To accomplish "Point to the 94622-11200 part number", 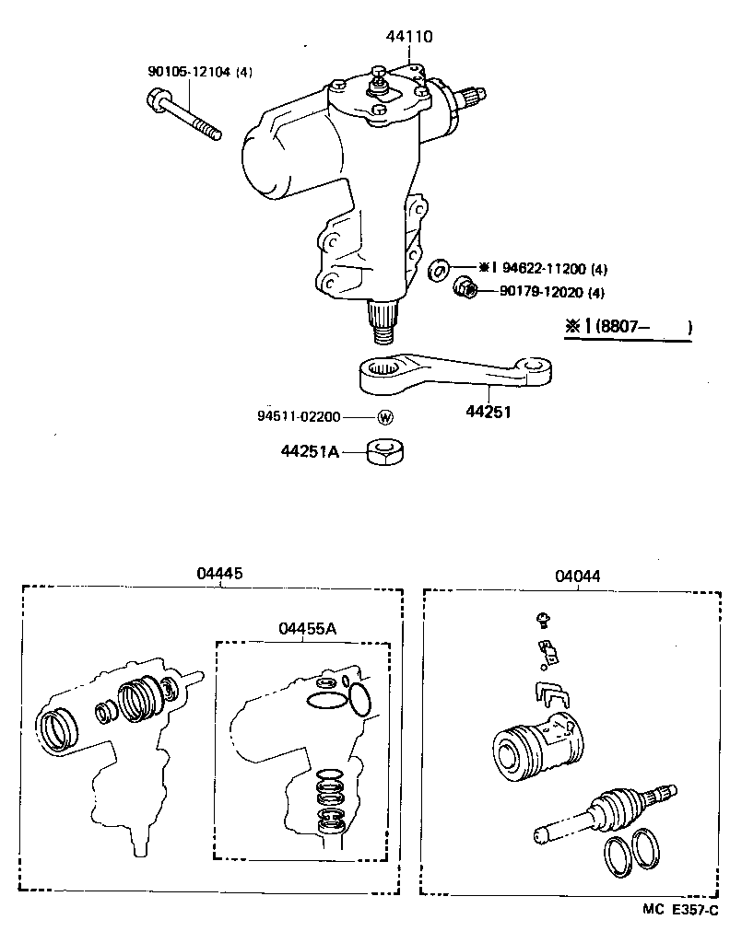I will click(x=545, y=269).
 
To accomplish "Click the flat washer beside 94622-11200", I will click(x=439, y=270).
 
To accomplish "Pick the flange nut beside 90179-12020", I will click(x=465, y=291).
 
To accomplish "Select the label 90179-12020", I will click(x=540, y=293).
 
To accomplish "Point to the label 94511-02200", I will click(x=299, y=417).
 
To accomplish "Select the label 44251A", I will click(x=311, y=451).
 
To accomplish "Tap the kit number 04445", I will click(x=219, y=574).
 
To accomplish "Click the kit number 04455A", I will click(x=307, y=628).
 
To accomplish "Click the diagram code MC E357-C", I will click(x=680, y=909).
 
